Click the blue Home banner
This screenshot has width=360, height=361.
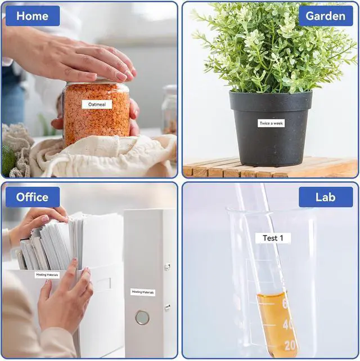point(33,16)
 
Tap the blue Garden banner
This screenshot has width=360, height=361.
point(326,16)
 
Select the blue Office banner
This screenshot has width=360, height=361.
point(33,197)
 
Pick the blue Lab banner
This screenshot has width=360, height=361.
point(326,197)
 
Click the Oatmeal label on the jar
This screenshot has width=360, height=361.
point(97,104)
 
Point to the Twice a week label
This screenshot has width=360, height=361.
point(271,123)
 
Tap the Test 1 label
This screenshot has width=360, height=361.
point(273,238)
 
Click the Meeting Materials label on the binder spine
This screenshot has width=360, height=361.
point(143,292)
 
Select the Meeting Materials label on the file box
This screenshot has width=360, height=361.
point(47,275)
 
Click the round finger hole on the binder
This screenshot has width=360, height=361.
point(142,318)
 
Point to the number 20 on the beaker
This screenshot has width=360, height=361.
point(290,345)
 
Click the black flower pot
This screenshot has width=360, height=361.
point(271,128)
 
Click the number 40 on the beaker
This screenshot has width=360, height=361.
point(288,324)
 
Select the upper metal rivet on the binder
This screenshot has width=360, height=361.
point(167,267)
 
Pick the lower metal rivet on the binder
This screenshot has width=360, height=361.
point(167,307)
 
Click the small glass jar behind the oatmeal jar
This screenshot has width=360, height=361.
point(169,109)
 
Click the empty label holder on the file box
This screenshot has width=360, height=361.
point(103,284)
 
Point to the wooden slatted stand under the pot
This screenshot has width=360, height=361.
point(271,167)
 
